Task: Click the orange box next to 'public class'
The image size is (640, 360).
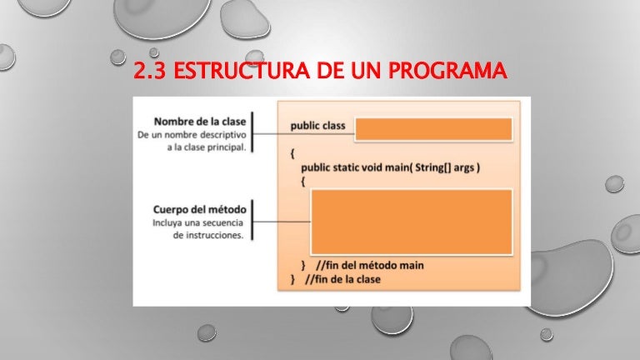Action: coord(433,129)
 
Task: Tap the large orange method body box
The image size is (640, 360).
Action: coord(411,221)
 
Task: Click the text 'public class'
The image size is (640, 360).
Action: coord(317,127)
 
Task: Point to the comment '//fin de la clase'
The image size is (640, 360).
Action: coord(343,279)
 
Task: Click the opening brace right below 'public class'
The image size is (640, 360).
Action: coord(292,153)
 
